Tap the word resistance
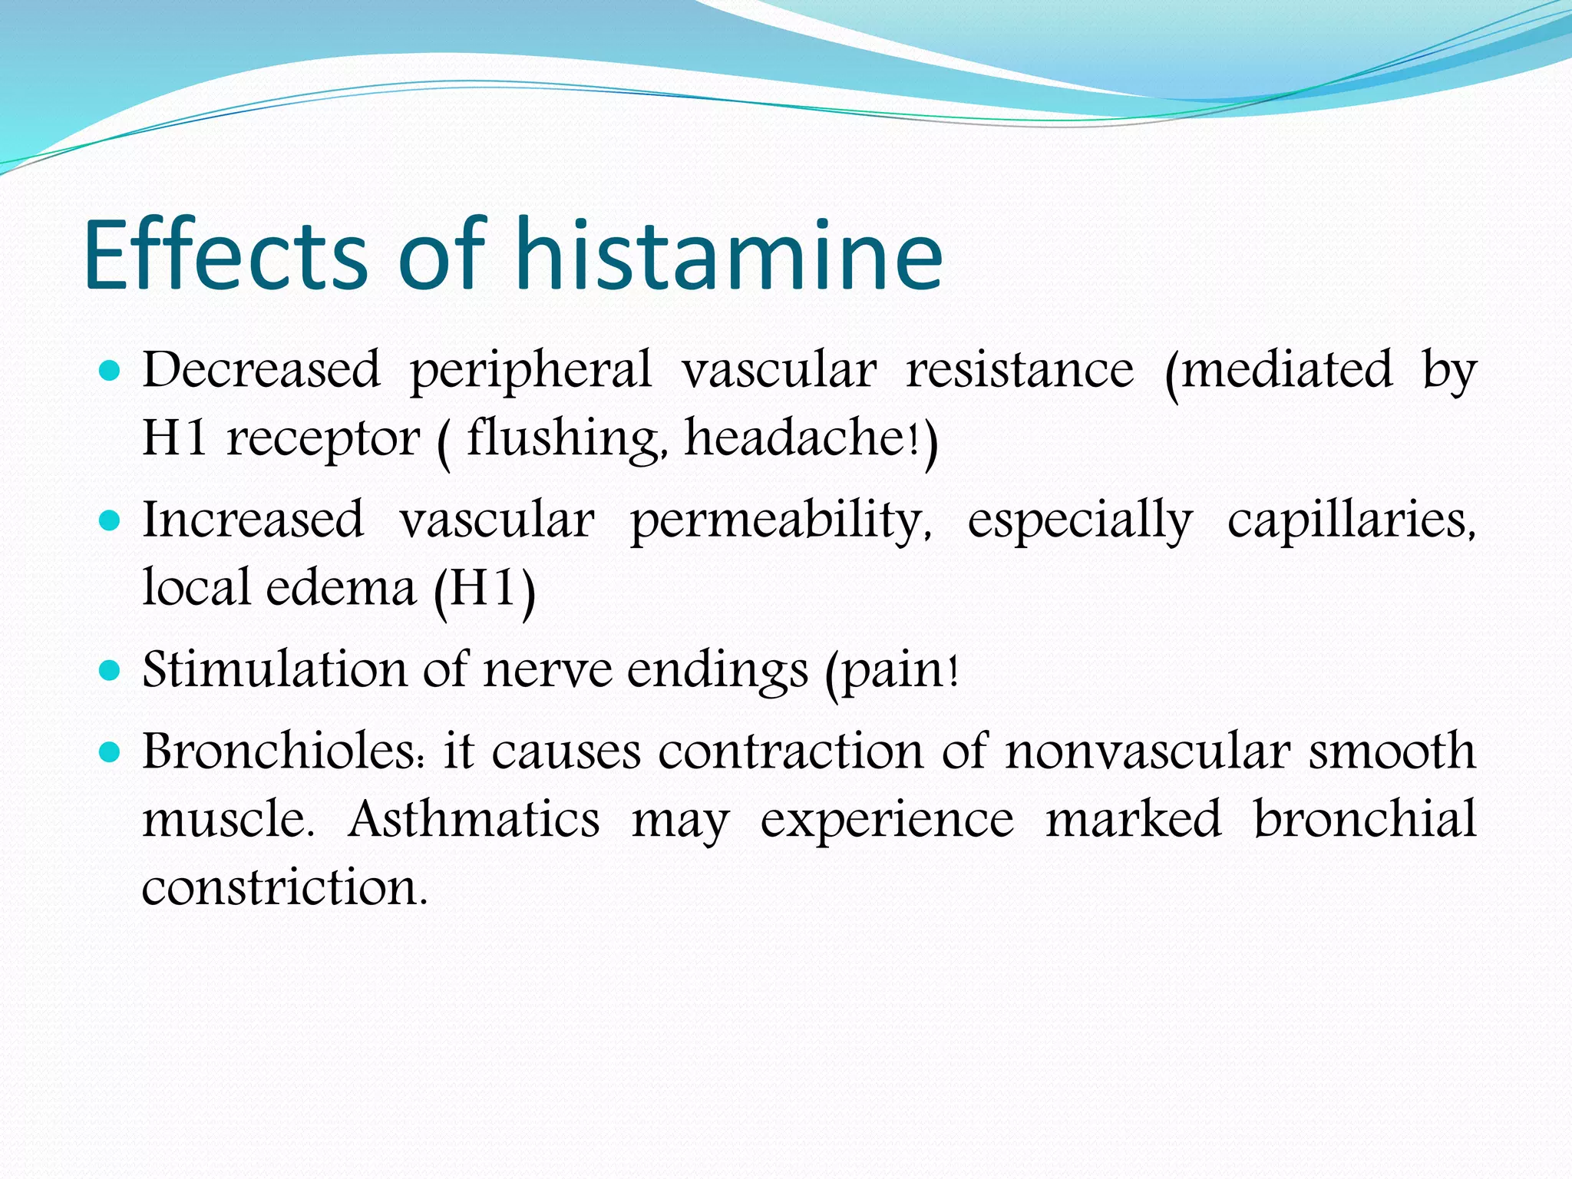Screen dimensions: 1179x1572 [1019, 370]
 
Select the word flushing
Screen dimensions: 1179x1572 [566, 439]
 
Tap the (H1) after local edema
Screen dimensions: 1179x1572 [484, 589]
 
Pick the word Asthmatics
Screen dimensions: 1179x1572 [474, 819]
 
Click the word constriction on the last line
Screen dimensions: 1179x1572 [284, 887]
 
